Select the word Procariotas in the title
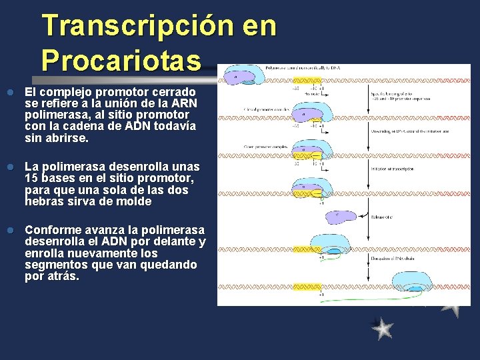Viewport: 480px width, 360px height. (121, 61)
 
